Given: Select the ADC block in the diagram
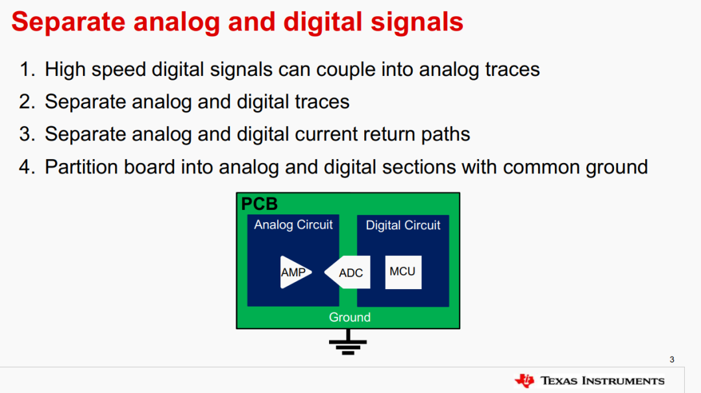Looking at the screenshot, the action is (348, 272).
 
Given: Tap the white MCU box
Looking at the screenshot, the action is (403, 272).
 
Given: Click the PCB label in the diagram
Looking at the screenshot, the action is (259, 204).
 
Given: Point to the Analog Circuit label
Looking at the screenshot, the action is (293, 225).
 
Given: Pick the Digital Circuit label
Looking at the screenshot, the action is (403, 225).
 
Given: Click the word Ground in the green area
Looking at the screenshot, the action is (350, 318).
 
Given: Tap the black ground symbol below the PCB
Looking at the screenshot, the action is (348, 343).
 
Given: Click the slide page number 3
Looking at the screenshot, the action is (672, 359).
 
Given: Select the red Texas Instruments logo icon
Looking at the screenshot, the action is (524, 381).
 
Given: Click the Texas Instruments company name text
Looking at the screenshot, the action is (602, 381).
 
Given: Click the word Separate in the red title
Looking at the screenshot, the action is (68, 21).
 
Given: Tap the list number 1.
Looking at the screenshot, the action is (27, 70).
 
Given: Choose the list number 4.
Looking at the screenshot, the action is (27, 168).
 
